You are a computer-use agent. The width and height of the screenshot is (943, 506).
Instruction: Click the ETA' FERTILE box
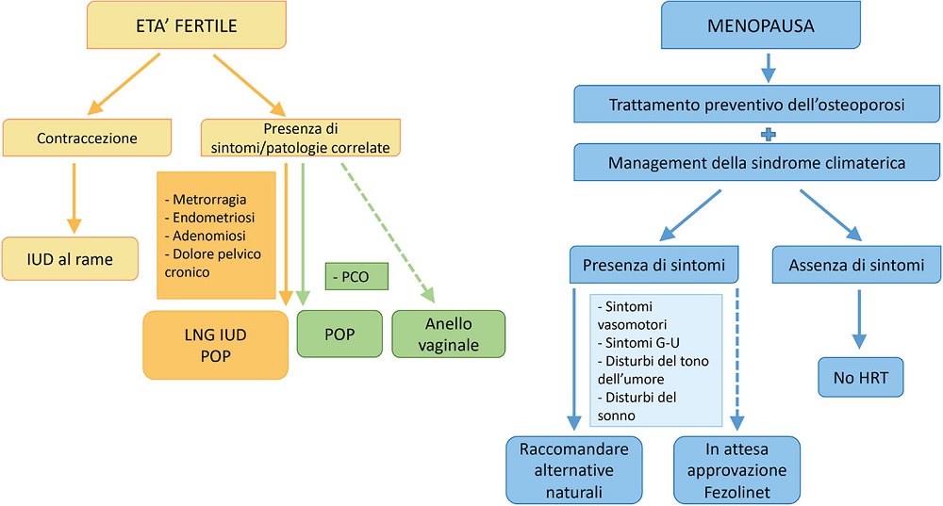pos(187,25)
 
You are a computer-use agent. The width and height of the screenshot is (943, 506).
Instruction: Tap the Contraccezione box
pos(87,138)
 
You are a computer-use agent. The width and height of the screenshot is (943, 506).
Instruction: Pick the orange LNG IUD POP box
pos(216,345)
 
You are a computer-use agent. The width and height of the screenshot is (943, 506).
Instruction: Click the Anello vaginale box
pos(449,334)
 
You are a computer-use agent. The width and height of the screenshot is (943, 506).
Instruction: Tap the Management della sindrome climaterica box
pos(757,163)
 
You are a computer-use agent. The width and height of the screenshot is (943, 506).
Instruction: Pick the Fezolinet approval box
pos(737,468)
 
